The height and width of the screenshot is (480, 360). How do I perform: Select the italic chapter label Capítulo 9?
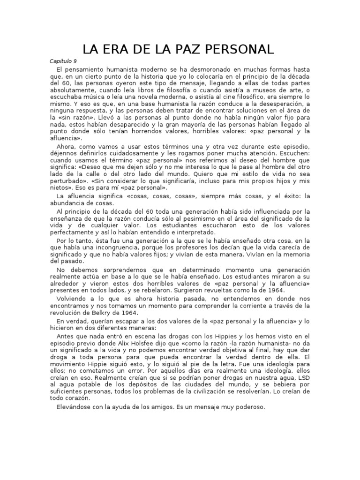(x=64, y=61)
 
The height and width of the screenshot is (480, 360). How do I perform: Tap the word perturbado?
(x=68, y=180)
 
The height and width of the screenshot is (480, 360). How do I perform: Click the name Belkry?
(x=104, y=313)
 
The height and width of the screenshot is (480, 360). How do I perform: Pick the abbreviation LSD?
(x=302, y=378)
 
